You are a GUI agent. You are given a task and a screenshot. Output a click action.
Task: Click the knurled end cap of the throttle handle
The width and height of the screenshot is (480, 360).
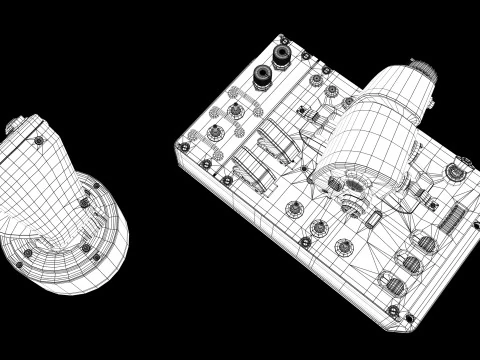click(424, 74)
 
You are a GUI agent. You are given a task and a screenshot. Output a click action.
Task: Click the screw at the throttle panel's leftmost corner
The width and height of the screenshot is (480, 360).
click(184, 146)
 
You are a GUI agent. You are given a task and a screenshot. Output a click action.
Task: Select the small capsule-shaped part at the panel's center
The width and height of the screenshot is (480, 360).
click(365, 219)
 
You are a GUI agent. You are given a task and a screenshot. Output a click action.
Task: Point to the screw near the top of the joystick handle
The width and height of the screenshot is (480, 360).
click(38, 141)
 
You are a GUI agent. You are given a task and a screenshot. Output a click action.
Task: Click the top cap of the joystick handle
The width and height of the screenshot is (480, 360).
click(18, 127)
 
